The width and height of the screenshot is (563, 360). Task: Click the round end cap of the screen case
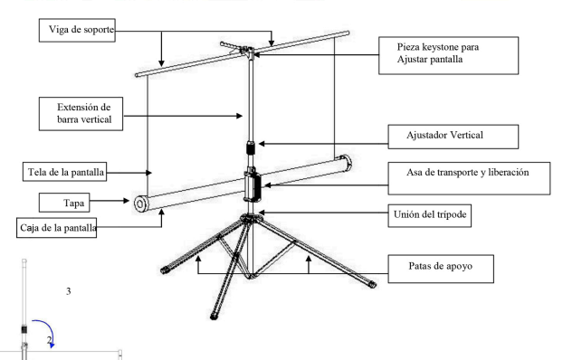point(141,204)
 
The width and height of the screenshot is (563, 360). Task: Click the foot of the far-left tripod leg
point(165,269)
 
